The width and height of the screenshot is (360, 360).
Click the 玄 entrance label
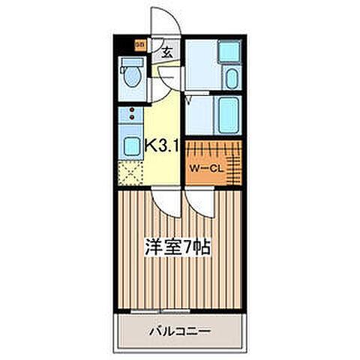click(166, 52)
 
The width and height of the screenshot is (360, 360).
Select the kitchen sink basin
click(132, 145)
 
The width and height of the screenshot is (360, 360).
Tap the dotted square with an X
click(132, 172)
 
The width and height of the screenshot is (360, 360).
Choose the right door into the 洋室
click(200, 202)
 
